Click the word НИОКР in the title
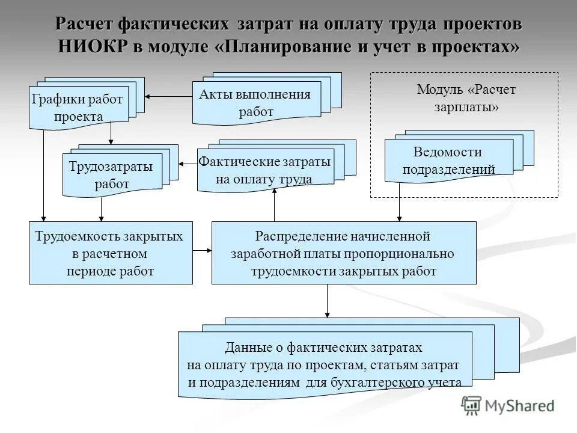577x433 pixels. click(92, 46)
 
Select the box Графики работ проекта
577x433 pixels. click(78, 108)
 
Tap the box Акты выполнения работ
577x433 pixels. click(257, 103)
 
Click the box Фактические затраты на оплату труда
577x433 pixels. click(264, 170)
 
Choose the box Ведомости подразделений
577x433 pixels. click(448, 160)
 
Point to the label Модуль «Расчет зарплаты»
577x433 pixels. click(466, 98)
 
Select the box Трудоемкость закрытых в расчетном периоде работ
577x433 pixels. click(111, 253)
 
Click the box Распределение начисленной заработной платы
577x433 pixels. click(344, 253)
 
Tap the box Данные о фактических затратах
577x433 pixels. click(325, 365)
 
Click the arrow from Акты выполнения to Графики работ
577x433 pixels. click(168, 96)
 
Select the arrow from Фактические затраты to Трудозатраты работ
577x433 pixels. click(188, 162)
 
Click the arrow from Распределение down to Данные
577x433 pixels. click(327, 300)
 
